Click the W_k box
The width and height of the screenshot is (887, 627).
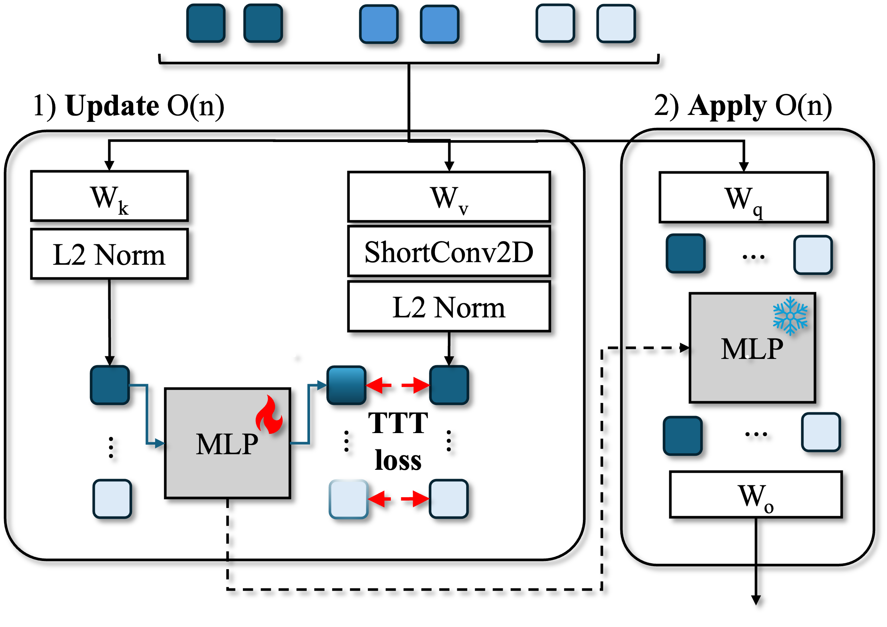click(109, 196)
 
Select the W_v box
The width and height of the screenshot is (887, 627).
click(449, 197)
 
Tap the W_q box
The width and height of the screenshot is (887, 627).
click(743, 197)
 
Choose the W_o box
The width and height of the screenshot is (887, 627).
click(756, 495)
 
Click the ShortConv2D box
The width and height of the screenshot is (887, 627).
click(449, 251)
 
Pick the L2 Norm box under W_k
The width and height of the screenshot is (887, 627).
click(109, 254)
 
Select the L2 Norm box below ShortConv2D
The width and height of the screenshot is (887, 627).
click(449, 307)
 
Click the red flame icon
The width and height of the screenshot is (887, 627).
click(269, 414)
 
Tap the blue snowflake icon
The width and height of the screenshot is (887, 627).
click(790, 316)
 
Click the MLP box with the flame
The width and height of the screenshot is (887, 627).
click(227, 443)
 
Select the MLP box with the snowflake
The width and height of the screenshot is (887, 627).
click(752, 348)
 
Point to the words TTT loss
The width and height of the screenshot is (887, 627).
click(398, 441)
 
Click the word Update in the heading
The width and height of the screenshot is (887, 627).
click(112, 105)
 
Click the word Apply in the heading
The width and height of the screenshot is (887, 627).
click(727, 106)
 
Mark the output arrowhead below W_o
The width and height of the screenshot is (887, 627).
click(756, 600)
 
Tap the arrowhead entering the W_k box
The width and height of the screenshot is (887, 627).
click(109, 165)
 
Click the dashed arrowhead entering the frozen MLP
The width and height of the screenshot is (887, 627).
click(685, 348)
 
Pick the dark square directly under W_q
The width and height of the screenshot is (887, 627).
click(686, 253)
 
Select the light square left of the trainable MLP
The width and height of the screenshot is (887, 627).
click(112, 499)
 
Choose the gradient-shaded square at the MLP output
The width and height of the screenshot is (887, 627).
click(347, 385)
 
